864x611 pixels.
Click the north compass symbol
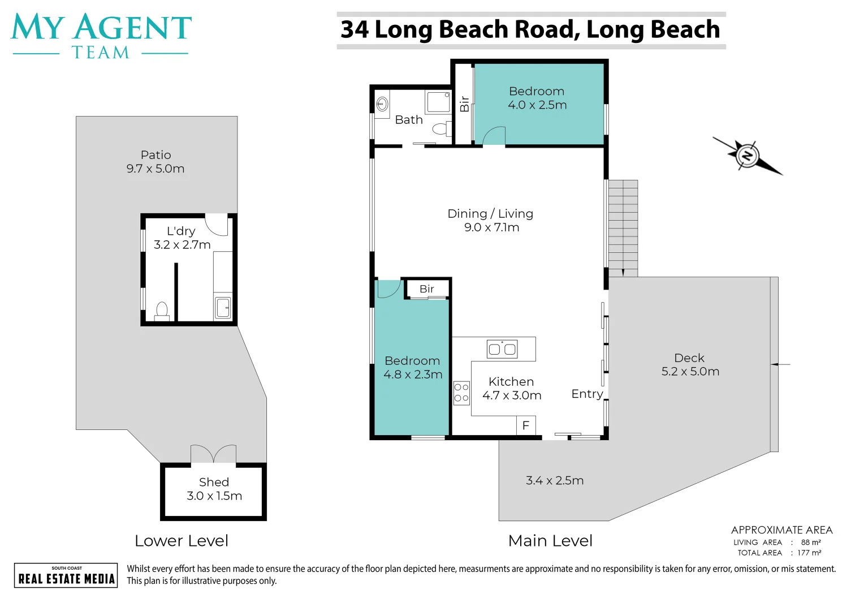click(748, 156)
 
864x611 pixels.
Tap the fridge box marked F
click(526, 425)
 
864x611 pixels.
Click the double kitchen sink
click(502, 349)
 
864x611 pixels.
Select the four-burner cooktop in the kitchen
click(461, 393)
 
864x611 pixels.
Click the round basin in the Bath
click(382, 104)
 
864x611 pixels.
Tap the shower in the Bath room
click(438, 102)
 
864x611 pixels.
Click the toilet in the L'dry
click(162, 312)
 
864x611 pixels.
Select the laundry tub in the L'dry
click(223, 308)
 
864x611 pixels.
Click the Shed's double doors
click(213, 454)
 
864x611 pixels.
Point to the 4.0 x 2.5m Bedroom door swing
click(494, 135)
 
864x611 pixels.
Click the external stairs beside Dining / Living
click(623, 228)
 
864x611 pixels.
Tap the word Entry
click(587, 394)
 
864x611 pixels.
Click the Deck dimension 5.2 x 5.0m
click(690, 371)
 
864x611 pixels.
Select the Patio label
click(156, 155)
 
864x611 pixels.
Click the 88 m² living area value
click(811, 543)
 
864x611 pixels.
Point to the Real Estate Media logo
click(66, 575)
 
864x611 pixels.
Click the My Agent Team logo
click(101, 36)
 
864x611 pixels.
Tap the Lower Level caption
click(182, 541)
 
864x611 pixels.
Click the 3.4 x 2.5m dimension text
click(555, 480)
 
